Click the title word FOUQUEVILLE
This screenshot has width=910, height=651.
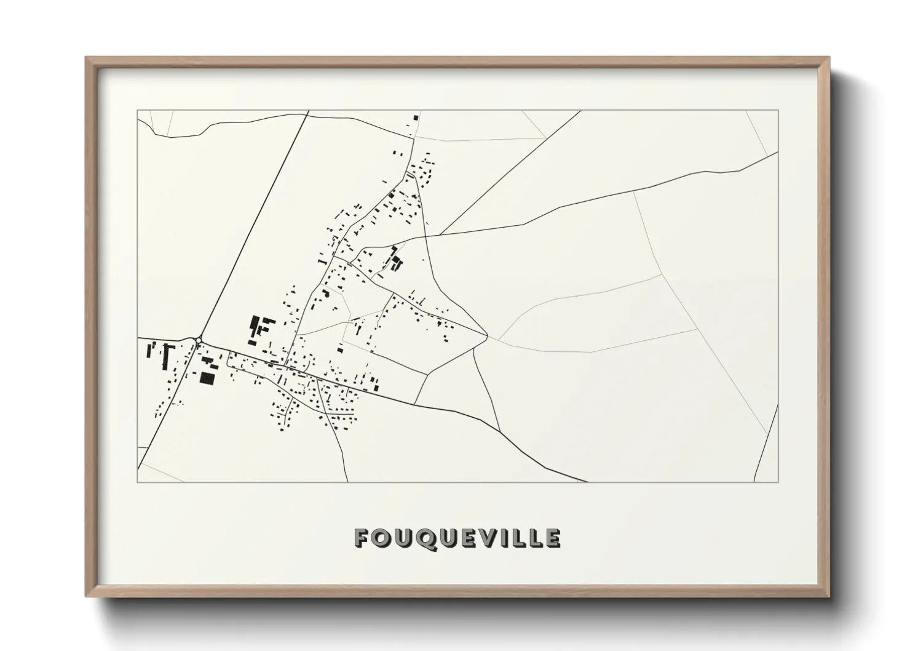click(457, 538)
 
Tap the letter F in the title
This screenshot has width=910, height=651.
click(362, 538)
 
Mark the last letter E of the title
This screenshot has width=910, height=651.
click(553, 538)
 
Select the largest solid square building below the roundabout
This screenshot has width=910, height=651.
click(208, 377)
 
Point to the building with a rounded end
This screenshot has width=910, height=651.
click(326, 294)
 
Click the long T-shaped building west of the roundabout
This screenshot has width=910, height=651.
click(165, 356)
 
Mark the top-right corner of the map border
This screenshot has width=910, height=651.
click(778, 110)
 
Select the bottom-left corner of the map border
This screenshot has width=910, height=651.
click(137, 482)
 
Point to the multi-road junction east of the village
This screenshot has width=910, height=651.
click(487, 336)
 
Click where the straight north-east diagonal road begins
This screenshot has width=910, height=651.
click(440, 234)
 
